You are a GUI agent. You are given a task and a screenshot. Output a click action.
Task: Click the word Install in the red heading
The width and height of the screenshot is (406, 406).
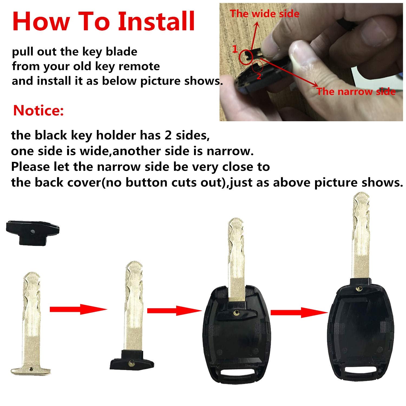[x=156, y=21]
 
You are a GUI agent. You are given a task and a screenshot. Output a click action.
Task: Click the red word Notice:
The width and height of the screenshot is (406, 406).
[x=38, y=110]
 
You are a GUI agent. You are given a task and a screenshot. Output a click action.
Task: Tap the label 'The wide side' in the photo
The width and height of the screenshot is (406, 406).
[x=265, y=14]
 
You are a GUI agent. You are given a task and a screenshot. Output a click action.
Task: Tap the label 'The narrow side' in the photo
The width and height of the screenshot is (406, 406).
[x=356, y=91]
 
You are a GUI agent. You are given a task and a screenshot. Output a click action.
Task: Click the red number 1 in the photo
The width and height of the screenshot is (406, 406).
[x=235, y=49]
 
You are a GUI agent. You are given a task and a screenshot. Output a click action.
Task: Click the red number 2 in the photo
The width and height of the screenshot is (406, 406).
[x=259, y=76]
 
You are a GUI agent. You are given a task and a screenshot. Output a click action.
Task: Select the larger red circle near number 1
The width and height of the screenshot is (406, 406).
[x=246, y=56]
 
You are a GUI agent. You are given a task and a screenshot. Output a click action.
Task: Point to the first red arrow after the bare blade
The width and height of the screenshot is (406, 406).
[x=78, y=309]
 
